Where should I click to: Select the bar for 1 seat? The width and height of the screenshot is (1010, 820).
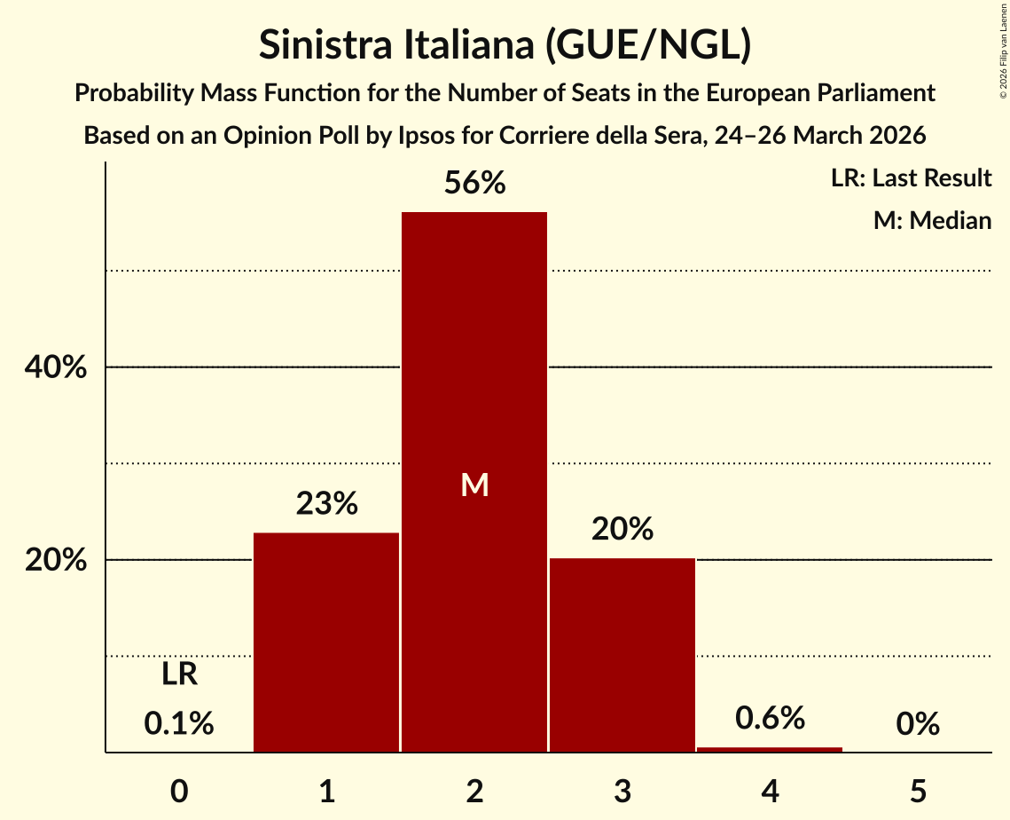point(326,643)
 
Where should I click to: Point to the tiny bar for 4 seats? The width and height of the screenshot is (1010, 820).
point(770,750)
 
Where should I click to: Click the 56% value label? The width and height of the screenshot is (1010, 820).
point(474,184)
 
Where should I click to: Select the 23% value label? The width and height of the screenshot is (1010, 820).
point(326,504)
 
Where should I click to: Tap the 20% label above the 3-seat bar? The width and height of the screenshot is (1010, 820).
point(622,530)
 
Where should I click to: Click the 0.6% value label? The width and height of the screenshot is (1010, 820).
point(770,718)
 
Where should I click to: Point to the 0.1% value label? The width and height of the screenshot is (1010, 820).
point(179,724)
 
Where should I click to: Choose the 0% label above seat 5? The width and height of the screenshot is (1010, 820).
point(917,724)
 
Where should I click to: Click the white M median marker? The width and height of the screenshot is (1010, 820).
point(474,485)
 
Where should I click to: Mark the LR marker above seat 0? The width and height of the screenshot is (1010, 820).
point(179,675)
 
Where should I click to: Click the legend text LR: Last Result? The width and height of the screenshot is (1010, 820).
point(911,178)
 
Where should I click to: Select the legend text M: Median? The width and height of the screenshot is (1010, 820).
point(932,220)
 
